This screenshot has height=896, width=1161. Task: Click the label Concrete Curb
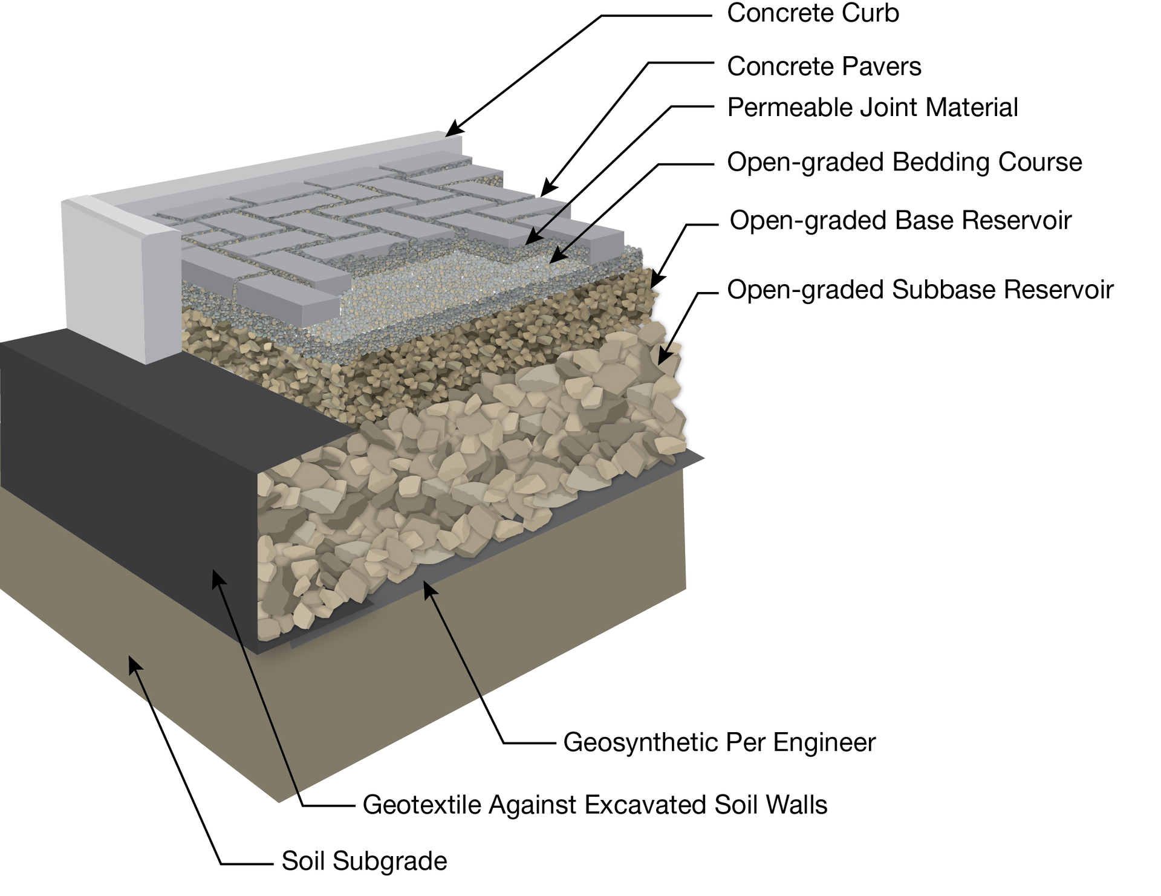[x=812, y=13]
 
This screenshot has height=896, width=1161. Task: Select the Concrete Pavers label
[x=824, y=67]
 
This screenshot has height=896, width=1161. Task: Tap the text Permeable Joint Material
[x=872, y=108]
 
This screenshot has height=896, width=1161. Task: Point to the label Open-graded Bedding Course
[x=904, y=162]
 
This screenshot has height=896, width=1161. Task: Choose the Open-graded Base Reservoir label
[x=900, y=220]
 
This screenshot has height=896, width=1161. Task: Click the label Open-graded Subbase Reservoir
[x=920, y=290]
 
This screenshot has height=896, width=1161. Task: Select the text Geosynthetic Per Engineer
[x=719, y=742]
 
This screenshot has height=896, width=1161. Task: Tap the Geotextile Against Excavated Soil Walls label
[x=594, y=805]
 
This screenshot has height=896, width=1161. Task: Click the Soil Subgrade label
[x=364, y=861]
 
